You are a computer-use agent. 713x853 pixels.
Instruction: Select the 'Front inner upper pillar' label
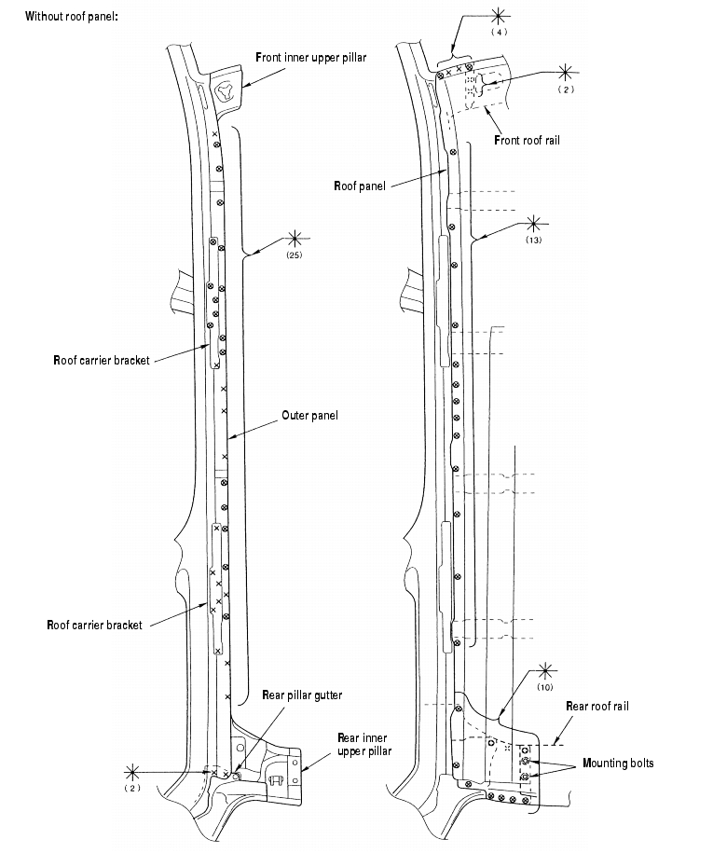pos(310,58)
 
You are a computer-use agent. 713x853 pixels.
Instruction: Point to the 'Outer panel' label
pos(309,416)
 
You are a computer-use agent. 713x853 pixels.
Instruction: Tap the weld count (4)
pos(499,32)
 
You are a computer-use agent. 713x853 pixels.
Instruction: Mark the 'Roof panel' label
pos(359,186)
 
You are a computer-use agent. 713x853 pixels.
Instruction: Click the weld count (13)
pos(533,240)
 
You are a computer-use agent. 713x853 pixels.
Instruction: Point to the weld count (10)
pos(545,686)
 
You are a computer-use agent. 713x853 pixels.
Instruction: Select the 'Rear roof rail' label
pos(597,707)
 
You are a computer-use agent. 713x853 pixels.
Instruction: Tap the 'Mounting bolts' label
pos(618,764)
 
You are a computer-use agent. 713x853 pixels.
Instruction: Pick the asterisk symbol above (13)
pos(533,223)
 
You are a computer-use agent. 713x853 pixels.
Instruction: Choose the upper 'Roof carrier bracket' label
pos(102,360)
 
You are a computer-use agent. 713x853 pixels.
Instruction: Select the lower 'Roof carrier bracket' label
pos(95,625)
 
